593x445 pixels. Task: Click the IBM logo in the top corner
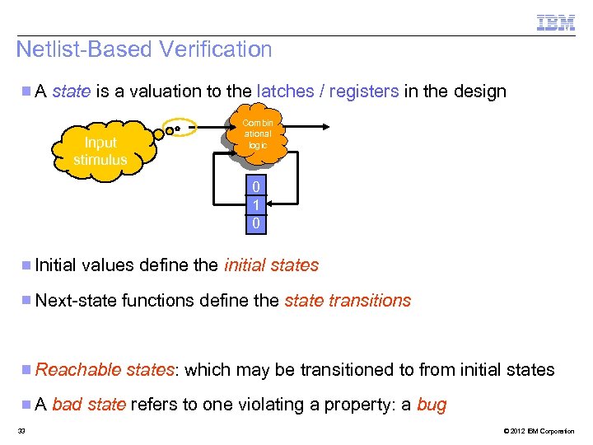click(x=556, y=22)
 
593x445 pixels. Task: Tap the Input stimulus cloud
click(x=100, y=152)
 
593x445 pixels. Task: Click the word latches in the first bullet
click(x=288, y=91)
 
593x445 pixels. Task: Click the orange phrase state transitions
click(x=348, y=301)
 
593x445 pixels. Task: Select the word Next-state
click(x=76, y=301)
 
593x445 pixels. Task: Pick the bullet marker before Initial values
click(x=27, y=265)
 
